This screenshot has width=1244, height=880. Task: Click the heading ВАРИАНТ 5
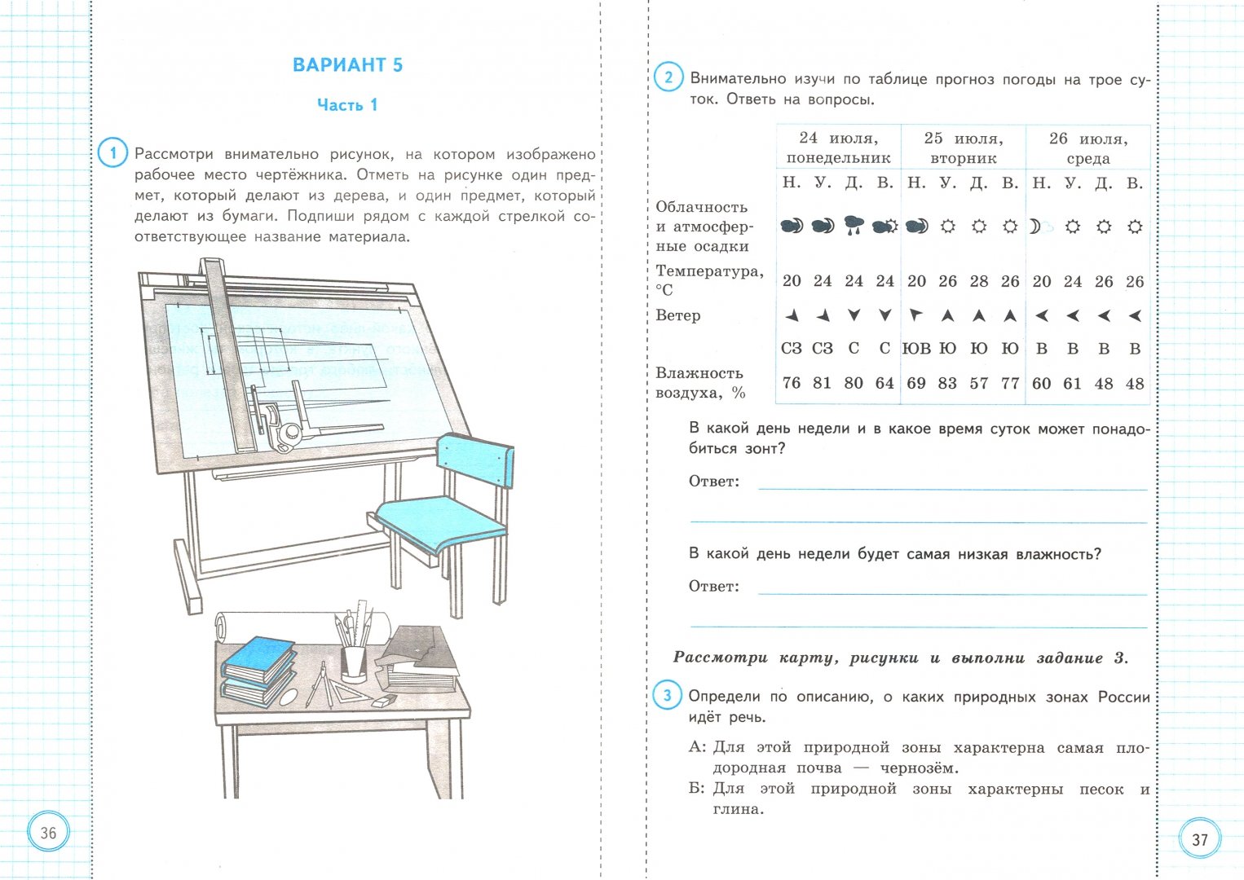point(347,65)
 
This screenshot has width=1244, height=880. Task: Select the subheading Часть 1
point(347,105)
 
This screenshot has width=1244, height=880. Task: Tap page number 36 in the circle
point(48,832)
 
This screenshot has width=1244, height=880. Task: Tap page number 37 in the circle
point(1199,839)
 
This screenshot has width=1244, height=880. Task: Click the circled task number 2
point(668,78)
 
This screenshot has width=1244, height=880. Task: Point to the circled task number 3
point(667,696)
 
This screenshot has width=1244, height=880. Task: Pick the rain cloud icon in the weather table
point(854,226)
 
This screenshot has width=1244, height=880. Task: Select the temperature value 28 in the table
point(978,281)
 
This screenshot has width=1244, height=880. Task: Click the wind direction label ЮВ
point(916,349)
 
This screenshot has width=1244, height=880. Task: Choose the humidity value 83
point(947,383)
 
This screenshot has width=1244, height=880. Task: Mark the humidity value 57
point(978,383)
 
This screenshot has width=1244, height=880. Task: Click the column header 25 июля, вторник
point(963,147)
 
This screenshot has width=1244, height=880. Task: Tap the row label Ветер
point(677,315)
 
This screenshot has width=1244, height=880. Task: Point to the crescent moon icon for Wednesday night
point(1035,227)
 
